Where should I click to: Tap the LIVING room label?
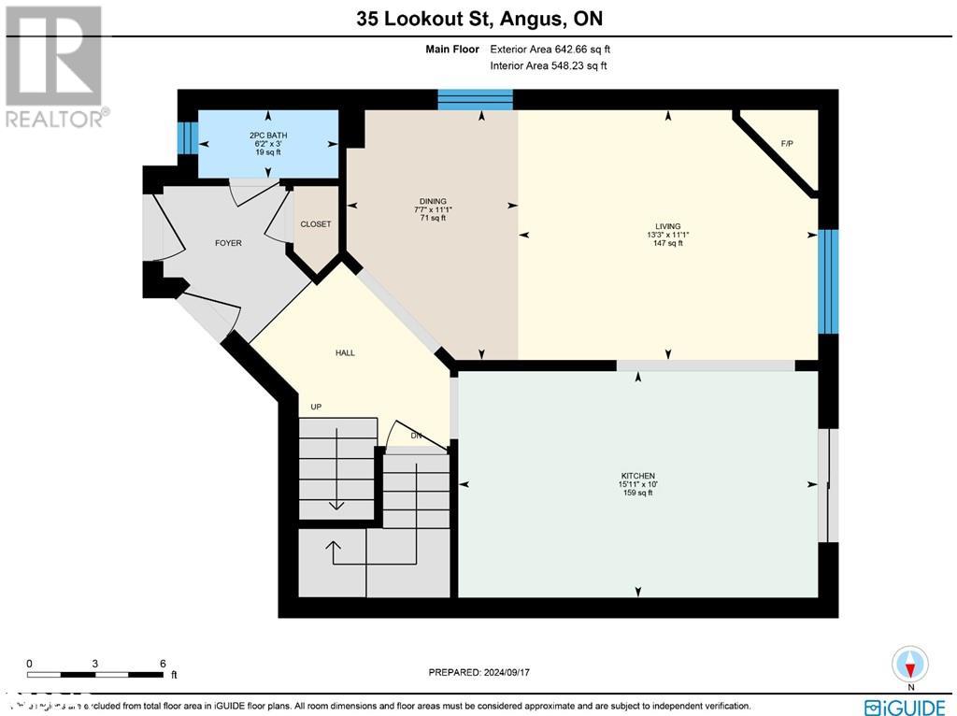click(667, 226)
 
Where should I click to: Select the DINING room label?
click(432, 201)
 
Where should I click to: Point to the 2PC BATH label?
click(268, 136)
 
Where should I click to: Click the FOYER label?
click(228, 243)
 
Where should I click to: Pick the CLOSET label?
click(316, 224)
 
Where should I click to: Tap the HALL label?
click(345, 352)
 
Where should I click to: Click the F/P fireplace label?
click(787, 143)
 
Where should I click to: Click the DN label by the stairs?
click(417, 437)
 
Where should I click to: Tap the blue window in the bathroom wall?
click(188, 138)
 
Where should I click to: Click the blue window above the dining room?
click(475, 99)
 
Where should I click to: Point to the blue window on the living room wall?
click(828, 280)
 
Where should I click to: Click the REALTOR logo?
click(55, 66)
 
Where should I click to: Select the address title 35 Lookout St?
click(478, 18)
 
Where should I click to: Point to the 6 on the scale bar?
click(163, 664)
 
